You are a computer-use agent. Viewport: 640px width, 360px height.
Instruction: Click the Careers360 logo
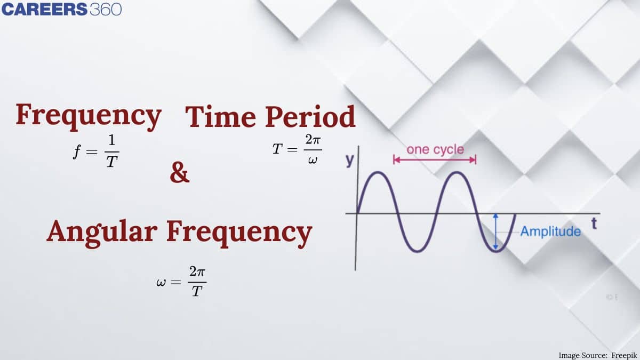61,10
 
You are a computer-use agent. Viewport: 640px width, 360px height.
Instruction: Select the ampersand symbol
179,174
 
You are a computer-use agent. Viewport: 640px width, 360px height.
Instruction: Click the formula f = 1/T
95,151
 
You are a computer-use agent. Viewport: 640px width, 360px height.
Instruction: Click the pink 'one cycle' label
435,149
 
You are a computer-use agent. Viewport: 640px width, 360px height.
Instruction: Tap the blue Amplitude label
550,231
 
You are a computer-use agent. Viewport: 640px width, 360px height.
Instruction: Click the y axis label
350,160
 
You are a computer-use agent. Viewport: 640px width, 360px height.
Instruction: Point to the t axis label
594,224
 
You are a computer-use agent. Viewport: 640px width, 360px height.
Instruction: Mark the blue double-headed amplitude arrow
496,232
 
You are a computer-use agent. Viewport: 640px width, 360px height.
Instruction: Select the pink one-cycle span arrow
435,159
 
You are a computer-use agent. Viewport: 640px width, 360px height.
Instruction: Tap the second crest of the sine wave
457,172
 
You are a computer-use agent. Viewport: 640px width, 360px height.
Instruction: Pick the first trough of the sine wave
417,251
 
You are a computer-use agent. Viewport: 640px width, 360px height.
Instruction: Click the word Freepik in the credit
622,355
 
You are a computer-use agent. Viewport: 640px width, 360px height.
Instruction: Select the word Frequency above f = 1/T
88,115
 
